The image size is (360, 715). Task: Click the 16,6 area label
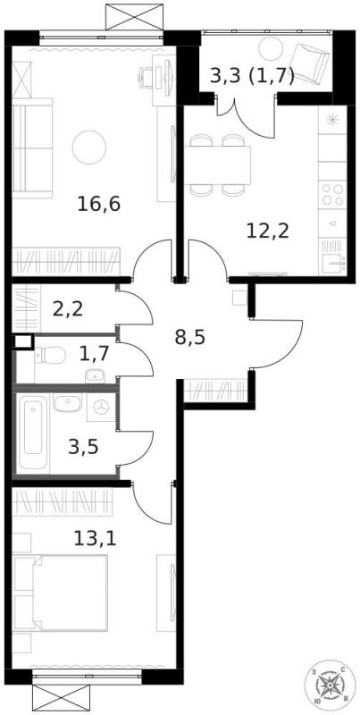98,203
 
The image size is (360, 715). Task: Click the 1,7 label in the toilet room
94,352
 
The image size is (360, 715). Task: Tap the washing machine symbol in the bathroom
101,408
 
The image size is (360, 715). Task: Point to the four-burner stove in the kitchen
332,195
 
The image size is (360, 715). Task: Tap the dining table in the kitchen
219,164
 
